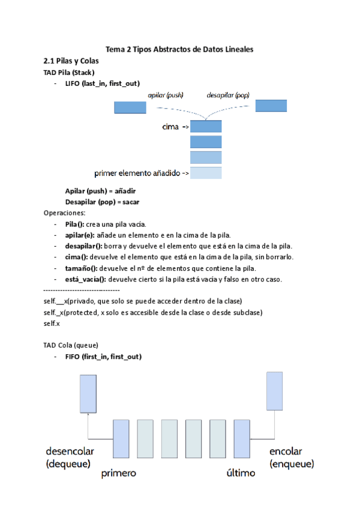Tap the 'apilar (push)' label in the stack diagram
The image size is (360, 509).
pyautogui.click(x=166, y=95)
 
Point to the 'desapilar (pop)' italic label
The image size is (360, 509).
pyautogui.click(x=227, y=95)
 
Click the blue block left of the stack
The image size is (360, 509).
pyautogui.click(x=130, y=107)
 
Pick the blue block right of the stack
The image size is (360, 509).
pyautogui.click(x=275, y=105)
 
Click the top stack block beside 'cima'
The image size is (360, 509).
pyautogui.click(x=206, y=127)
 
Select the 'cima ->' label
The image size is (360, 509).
pyautogui.click(x=176, y=127)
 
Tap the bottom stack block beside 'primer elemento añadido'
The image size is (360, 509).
pyautogui.click(x=206, y=173)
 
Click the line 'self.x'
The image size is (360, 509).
pyautogui.click(x=52, y=324)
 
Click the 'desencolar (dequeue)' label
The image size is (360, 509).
pyautogui.click(x=70, y=457)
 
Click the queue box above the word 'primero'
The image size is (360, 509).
pyautogui.click(x=121, y=439)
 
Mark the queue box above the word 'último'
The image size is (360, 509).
pyautogui.click(x=241, y=439)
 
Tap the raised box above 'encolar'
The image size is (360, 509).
pyautogui.click(x=275, y=391)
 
